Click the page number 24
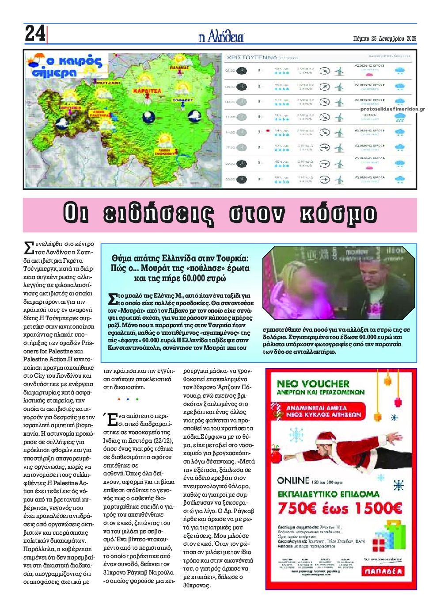[x=35, y=33]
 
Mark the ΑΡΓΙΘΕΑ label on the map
[x=71, y=107]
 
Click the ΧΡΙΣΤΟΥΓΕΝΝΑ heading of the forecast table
[x=252, y=57]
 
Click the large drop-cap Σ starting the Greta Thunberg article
[x=29, y=248]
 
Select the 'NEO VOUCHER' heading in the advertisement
[x=313, y=383]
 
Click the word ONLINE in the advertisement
[x=293, y=480]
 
